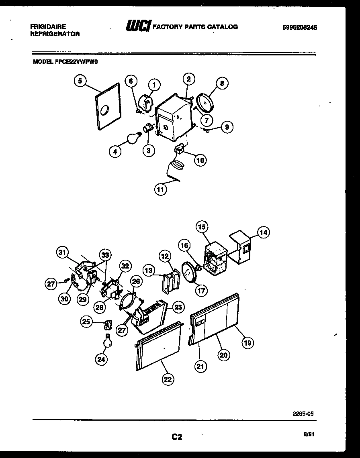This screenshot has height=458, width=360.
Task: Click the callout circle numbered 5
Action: pyautogui.click(x=80, y=81)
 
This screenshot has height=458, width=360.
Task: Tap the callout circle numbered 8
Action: pyautogui.click(x=222, y=83)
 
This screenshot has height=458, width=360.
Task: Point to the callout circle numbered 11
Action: pyautogui.click(x=161, y=190)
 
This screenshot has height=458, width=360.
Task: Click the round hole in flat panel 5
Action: pyautogui.click(x=105, y=109)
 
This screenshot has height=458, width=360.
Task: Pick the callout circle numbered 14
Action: pyautogui.click(x=263, y=232)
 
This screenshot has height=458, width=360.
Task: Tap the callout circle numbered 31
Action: pyautogui.click(x=62, y=252)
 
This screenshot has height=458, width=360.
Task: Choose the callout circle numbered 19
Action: pyautogui.click(x=247, y=342)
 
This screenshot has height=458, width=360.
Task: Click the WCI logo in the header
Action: pyautogui.click(x=138, y=26)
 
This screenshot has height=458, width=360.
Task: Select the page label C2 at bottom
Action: pyautogui.click(x=177, y=437)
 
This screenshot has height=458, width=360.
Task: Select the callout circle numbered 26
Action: pyautogui.click(x=135, y=282)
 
